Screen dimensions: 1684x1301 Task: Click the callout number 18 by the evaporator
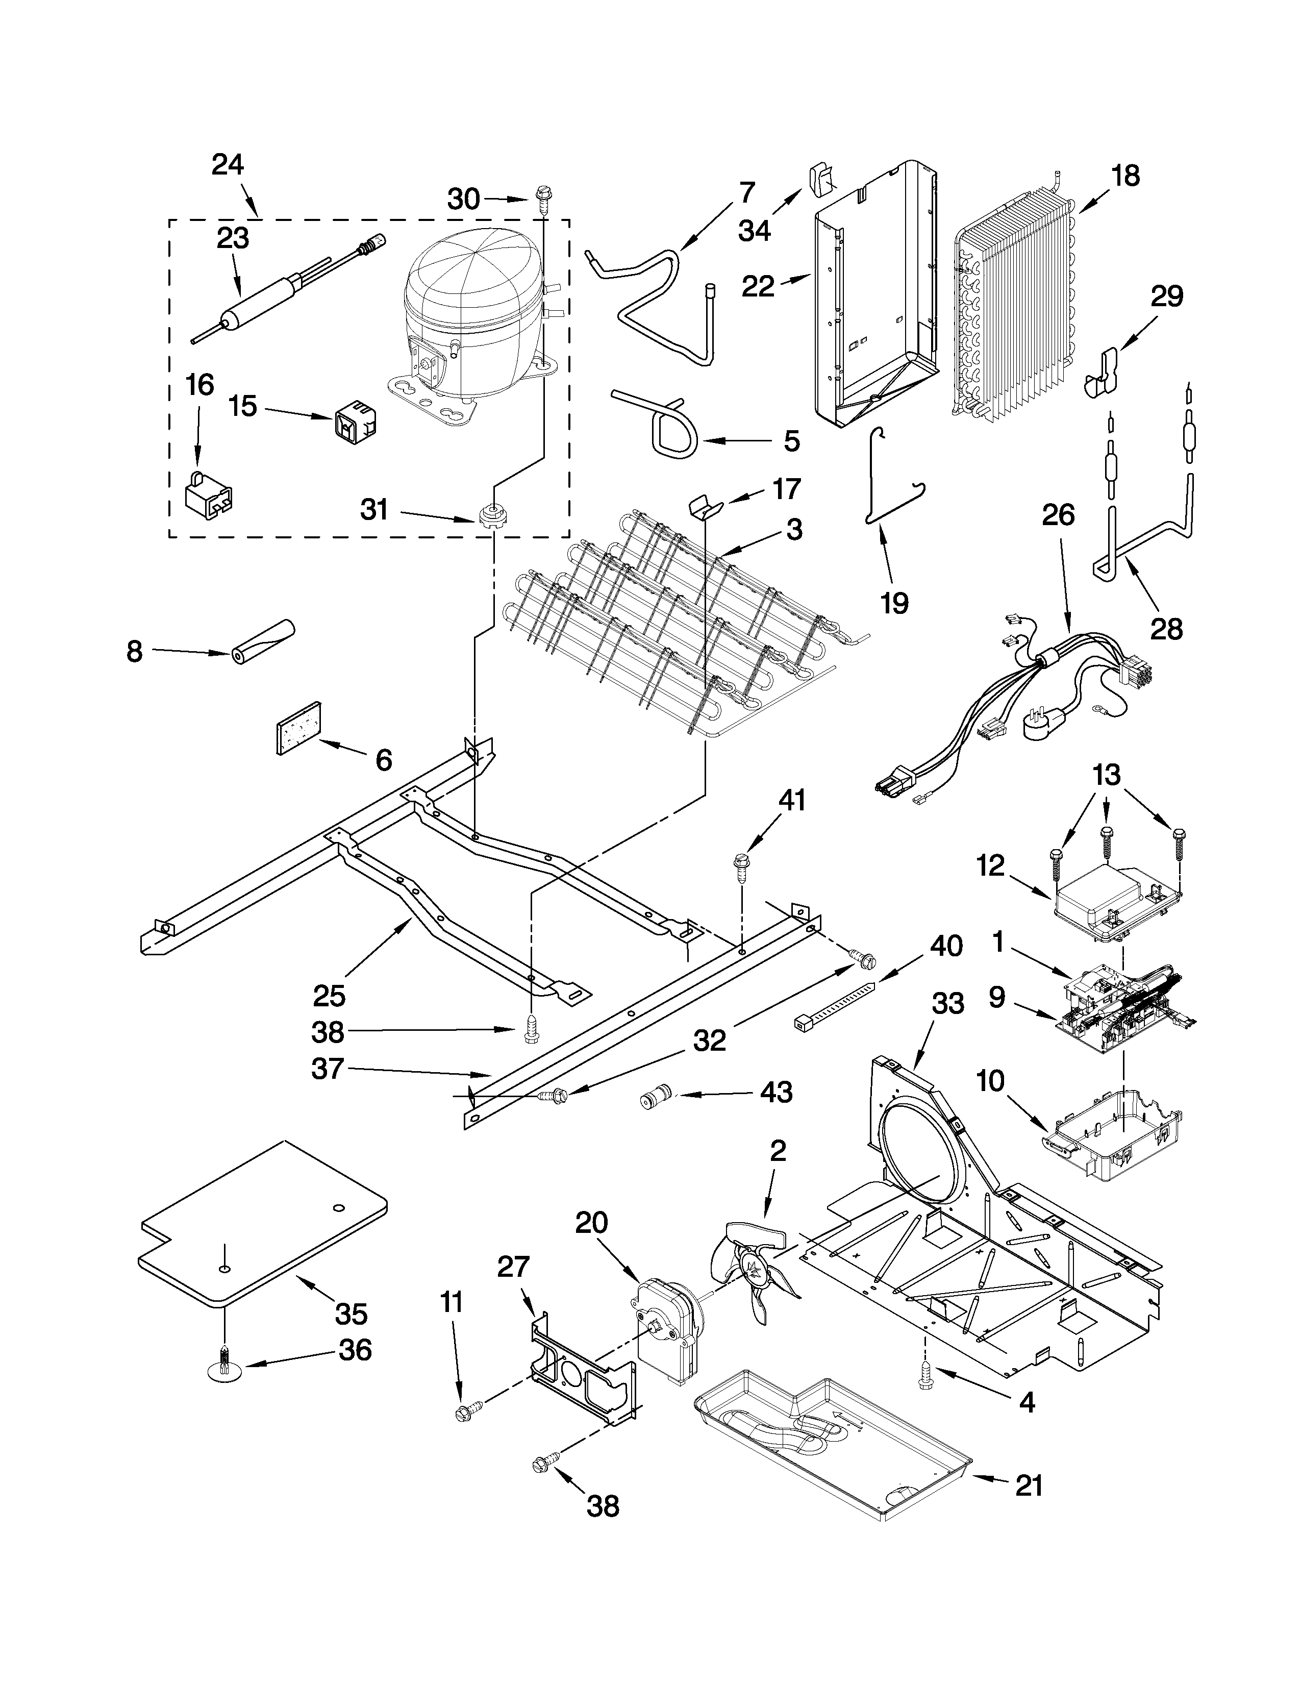pyautogui.click(x=1126, y=176)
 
